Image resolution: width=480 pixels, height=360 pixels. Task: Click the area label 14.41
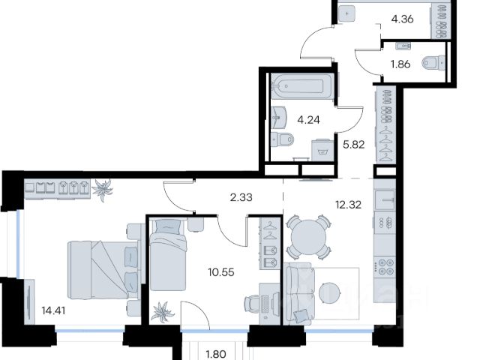(x=53, y=311)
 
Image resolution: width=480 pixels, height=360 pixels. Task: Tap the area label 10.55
(x=221, y=271)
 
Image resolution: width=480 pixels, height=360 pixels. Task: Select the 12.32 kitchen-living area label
(x=348, y=205)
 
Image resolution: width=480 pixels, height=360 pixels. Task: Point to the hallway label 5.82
(x=354, y=145)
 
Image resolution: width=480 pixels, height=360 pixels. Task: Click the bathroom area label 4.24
(x=308, y=120)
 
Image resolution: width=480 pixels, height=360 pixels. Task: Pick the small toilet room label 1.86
(x=400, y=64)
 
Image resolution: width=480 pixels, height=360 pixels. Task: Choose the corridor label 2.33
(x=241, y=197)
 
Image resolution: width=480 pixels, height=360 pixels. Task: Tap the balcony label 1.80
(x=216, y=355)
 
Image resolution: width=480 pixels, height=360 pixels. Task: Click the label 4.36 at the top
(x=403, y=19)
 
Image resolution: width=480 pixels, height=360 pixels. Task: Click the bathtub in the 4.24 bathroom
(x=302, y=86)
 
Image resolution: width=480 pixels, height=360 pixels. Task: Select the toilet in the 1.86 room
(x=433, y=64)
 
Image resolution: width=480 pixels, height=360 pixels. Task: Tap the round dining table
(x=309, y=237)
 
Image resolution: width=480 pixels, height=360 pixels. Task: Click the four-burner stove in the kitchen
(x=385, y=267)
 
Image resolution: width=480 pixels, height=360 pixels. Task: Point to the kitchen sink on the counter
(x=385, y=200)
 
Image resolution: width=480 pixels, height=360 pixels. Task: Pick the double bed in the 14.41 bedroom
(x=103, y=269)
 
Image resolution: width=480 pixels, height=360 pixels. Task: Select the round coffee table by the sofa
(x=329, y=293)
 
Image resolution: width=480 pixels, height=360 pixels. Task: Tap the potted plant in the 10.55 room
(x=163, y=312)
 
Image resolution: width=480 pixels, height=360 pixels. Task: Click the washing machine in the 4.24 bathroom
(x=322, y=150)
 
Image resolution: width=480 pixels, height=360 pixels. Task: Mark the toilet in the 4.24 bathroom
(x=282, y=139)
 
